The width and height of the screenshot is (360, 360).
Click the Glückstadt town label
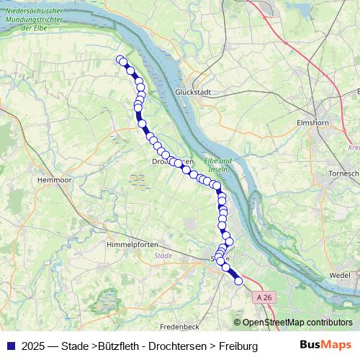pos(192,93)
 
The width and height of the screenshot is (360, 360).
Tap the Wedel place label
pos(338,275)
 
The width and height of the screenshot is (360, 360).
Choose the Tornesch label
pos(343,174)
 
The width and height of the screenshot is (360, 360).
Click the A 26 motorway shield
pos(264,297)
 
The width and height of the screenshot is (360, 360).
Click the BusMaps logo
pos(326,345)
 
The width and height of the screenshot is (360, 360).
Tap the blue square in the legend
pos(9,346)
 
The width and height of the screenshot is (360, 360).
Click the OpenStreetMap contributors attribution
pos(293,323)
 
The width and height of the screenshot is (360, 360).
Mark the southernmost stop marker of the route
pos(239,282)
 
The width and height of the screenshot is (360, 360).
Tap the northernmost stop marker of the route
pos(120,60)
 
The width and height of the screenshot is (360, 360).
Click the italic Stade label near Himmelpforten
pos(164,256)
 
